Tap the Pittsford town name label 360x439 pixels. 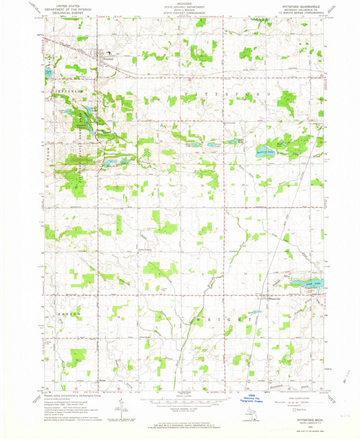click(108, 59)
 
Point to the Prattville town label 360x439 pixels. click(275, 299)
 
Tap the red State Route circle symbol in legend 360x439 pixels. click(295, 410)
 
